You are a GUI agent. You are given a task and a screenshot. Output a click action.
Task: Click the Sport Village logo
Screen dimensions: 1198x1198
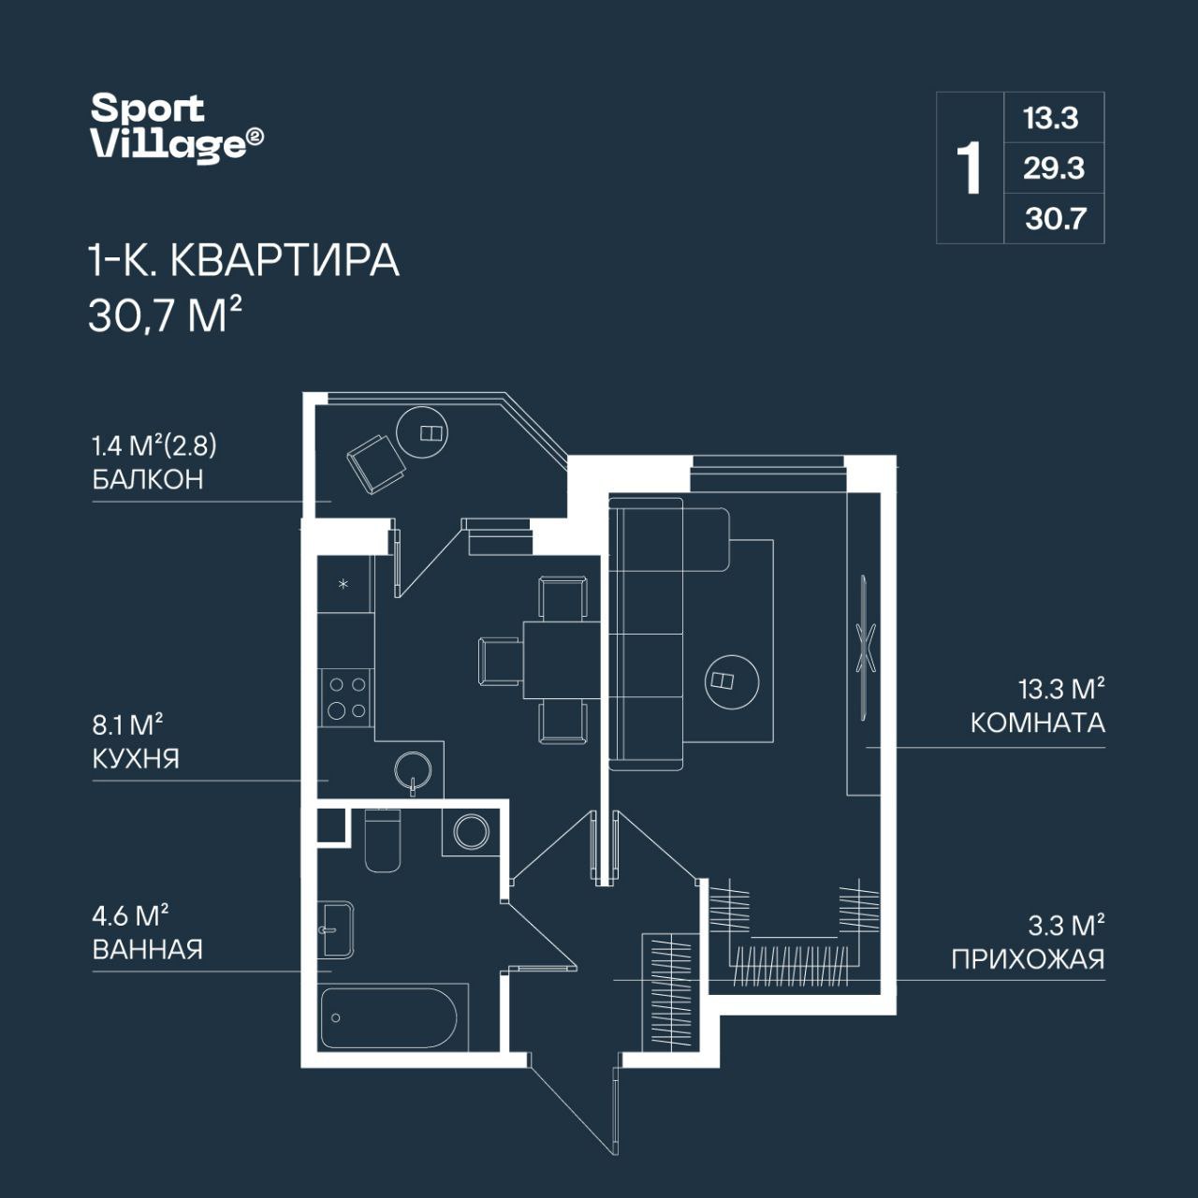coord(177,127)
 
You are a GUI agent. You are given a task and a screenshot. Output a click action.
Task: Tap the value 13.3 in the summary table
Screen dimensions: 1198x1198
coord(1051,118)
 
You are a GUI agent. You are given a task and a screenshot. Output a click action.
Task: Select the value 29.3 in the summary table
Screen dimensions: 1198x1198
coord(1054,168)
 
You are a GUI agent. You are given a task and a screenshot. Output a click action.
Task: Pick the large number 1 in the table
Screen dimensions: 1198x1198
coord(969,168)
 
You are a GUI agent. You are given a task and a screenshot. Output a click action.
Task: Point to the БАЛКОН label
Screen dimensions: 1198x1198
coord(148,480)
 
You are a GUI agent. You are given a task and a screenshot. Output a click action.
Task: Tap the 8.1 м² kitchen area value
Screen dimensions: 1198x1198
coord(127,725)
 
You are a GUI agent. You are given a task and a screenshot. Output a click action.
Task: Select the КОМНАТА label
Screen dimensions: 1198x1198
coord(1038,723)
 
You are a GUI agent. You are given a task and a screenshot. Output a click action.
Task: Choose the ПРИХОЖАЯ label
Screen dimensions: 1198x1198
coord(1029,960)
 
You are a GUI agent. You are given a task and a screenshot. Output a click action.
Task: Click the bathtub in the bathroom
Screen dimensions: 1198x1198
coord(389,1017)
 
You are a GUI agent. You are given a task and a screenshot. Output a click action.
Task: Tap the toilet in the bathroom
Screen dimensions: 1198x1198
coord(383,840)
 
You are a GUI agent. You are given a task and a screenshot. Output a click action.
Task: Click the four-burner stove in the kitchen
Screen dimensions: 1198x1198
coord(347,697)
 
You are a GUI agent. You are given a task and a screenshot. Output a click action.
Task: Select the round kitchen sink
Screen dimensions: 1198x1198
coord(412,771)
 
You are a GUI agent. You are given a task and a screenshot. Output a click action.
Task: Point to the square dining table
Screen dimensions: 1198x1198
coord(562,660)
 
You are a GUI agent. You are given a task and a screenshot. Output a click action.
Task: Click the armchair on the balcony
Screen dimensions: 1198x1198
coord(375,464)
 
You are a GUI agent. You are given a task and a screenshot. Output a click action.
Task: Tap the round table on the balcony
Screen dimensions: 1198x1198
coord(423,432)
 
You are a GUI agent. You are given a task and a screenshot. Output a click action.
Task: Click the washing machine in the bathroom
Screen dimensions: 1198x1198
coord(471,831)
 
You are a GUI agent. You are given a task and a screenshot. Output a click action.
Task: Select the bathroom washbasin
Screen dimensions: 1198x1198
coord(338,929)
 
